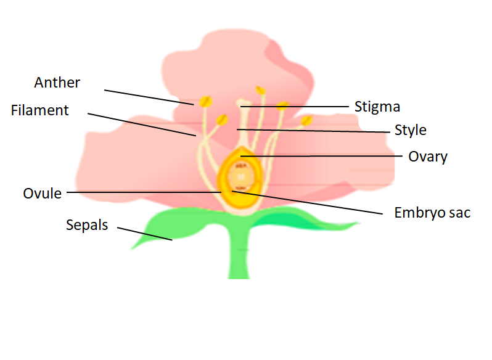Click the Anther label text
[x=57, y=83]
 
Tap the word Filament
[x=40, y=110]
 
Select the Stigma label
[x=377, y=107]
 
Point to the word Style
[x=411, y=130]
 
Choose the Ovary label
[x=428, y=157]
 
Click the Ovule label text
[x=43, y=194]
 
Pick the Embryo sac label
[x=432, y=213]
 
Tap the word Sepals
[x=87, y=225]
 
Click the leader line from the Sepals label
[x=145, y=234]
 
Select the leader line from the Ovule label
[x=142, y=192]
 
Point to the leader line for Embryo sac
[x=308, y=202]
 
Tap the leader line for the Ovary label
[x=321, y=156]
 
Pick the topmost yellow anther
[x=261, y=91]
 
